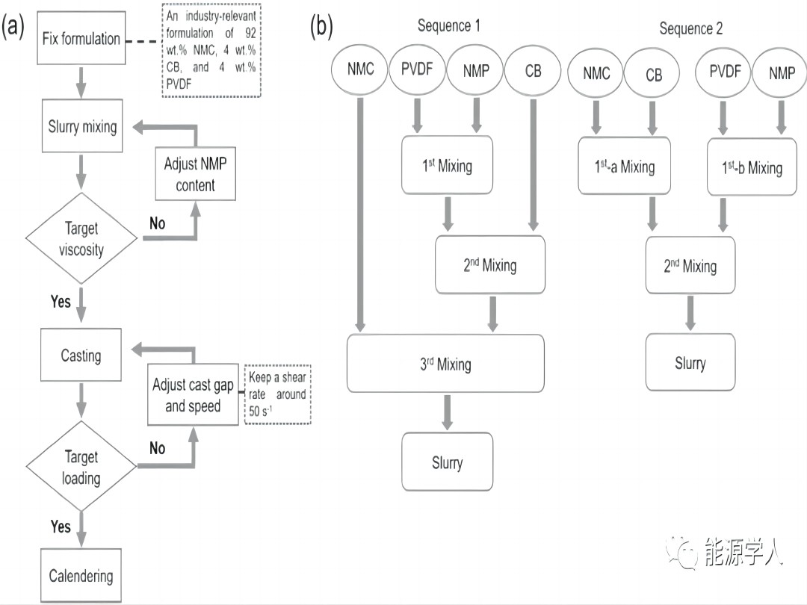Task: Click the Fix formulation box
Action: [x=81, y=38]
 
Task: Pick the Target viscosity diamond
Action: [x=81, y=239]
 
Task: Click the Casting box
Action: [x=81, y=355]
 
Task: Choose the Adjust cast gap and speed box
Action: [x=193, y=395]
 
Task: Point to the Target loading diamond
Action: [x=81, y=467]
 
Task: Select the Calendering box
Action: [x=81, y=575]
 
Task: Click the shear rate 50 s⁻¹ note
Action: [x=276, y=394]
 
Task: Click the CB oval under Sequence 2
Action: [x=653, y=75]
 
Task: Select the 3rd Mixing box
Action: [x=445, y=364]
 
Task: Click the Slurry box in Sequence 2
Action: [x=690, y=362]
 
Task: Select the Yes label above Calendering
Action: [x=61, y=527]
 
